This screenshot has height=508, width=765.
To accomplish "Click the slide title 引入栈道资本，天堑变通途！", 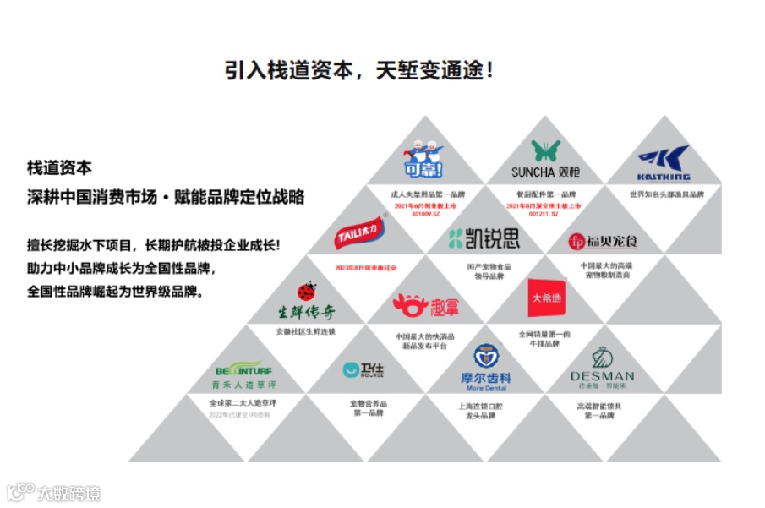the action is (x=359, y=69).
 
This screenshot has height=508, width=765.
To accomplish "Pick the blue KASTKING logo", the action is (x=664, y=164).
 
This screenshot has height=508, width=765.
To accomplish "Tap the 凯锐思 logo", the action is (x=484, y=238).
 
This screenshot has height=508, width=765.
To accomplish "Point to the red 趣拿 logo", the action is (x=425, y=306).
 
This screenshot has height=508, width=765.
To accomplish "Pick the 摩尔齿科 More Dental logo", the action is (x=485, y=369).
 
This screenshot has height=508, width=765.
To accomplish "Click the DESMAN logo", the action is (x=602, y=368).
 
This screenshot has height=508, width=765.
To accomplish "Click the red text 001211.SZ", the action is (x=544, y=214).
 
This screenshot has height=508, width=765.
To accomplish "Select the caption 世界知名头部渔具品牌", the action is (x=666, y=194).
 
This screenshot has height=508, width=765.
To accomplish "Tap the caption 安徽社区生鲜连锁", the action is (x=305, y=331).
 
